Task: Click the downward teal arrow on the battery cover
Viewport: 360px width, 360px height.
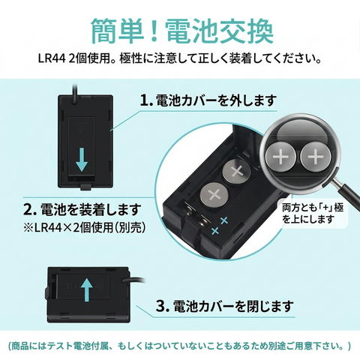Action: pyautogui.click(x=82, y=159)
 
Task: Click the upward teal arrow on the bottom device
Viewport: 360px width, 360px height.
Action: pyautogui.click(x=87, y=289)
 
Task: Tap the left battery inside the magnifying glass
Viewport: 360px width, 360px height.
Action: pyautogui.click(x=280, y=157)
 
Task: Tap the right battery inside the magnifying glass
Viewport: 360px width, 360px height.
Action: pyautogui.click(x=316, y=157)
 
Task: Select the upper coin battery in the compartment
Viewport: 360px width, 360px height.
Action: pyautogui.click(x=236, y=172)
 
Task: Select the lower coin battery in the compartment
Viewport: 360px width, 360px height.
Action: pyautogui.click(x=214, y=195)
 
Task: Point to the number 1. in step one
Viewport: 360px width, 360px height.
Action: pyautogui.click(x=146, y=100)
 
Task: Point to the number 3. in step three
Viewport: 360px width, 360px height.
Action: pyautogui.click(x=163, y=306)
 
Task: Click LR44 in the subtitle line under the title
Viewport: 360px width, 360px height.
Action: pyautogui.click(x=52, y=60)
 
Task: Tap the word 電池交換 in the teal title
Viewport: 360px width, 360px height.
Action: pyautogui.click(x=220, y=31)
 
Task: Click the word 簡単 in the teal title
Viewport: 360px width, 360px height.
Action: pyautogui.click(x=118, y=31)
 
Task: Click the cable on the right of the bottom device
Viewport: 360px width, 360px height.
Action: pyautogui.click(x=133, y=280)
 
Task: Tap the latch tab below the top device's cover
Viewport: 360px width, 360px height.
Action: pyautogui.click(x=85, y=187)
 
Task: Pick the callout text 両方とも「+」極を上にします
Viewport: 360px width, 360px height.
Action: pyautogui.click(x=313, y=214)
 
